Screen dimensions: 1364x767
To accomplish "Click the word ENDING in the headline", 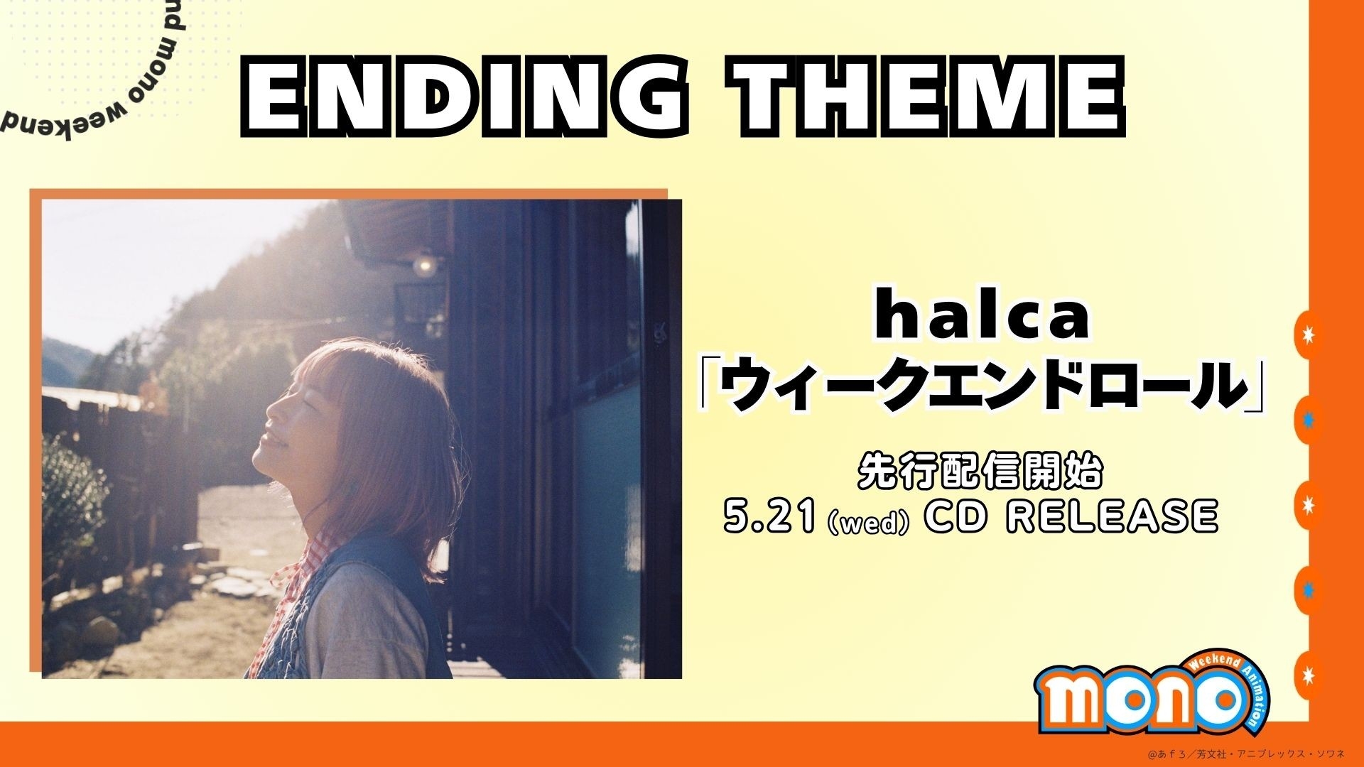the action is [x=465, y=95].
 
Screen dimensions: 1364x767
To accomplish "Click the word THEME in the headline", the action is [x=930, y=95].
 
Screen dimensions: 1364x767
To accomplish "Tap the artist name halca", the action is [x=982, y=318].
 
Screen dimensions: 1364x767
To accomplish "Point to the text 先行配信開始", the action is [x=980, y=471].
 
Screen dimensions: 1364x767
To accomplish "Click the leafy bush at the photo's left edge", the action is [x=71, y=497].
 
